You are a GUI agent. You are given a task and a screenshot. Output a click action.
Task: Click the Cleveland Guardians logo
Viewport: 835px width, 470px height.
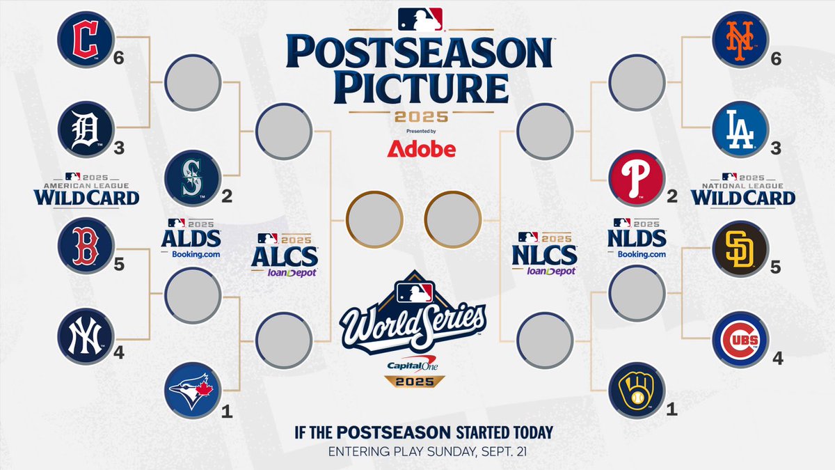pyautogui.click(x=85, y=39)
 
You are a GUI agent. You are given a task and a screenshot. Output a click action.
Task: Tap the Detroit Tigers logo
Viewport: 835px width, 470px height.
pyautogui.click(x=85, y=129)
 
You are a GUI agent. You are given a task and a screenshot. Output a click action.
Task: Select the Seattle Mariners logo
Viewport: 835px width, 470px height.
pyautogui.click(x=193, y=178)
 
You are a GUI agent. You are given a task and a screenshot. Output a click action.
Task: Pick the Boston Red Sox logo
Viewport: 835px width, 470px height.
pyautogui.click(x=85, y=245)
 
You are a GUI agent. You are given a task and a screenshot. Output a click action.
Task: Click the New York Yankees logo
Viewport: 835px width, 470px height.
pyautogui.click(x=85, y=336)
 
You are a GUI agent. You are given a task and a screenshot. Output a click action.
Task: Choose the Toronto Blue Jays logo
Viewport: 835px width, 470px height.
pyautogui.click(x=193, y=389)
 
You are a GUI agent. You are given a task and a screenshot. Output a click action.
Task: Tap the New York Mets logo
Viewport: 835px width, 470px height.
pyautogui.click(x=740, y=39)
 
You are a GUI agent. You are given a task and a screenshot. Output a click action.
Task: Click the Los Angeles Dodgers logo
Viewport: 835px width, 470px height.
pyautogui.click(x=740, y=129)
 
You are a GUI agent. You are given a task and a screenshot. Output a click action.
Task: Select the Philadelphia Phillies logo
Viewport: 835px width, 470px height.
pyautogui.click(x=635, y=178)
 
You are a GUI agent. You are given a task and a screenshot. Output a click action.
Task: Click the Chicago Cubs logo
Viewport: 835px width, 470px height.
pyautogui.click(x=740, y=339)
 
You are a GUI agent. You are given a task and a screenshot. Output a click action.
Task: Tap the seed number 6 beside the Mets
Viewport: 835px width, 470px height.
pyautogui.click(x=775, y=59)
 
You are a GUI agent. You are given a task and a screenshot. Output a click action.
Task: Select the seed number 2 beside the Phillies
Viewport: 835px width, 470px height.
pyautogui.click(x=671, y=198)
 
